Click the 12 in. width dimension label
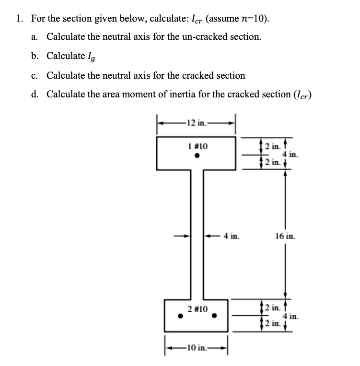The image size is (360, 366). pos(197,122)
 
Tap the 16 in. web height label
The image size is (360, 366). pos(286,236)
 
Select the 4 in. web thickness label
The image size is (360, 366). pos(232,236)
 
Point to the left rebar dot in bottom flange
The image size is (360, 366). pos(180,316)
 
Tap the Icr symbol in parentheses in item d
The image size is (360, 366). pos(301,94)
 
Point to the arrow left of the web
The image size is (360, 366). pos(181,236)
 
